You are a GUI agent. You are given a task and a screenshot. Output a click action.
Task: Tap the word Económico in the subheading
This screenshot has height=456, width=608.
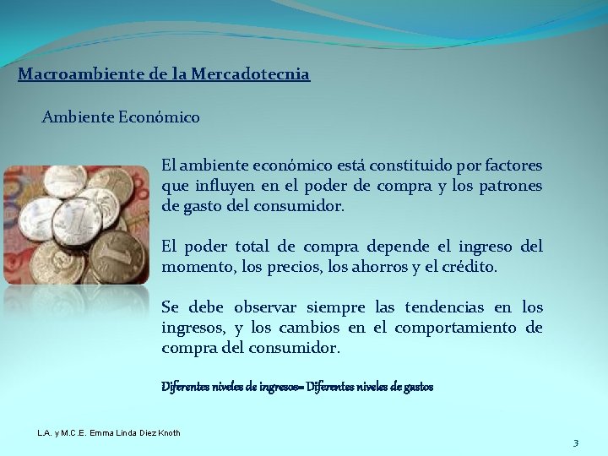point(159,117)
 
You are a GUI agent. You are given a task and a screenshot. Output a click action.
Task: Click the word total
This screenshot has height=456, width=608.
point(252,247)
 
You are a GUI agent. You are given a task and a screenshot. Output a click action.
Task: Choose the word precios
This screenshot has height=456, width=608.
point(296,267)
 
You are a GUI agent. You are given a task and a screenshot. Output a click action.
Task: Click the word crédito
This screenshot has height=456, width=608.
point(469,267)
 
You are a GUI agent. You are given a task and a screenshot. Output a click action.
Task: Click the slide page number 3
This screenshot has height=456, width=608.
point(575,443)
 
